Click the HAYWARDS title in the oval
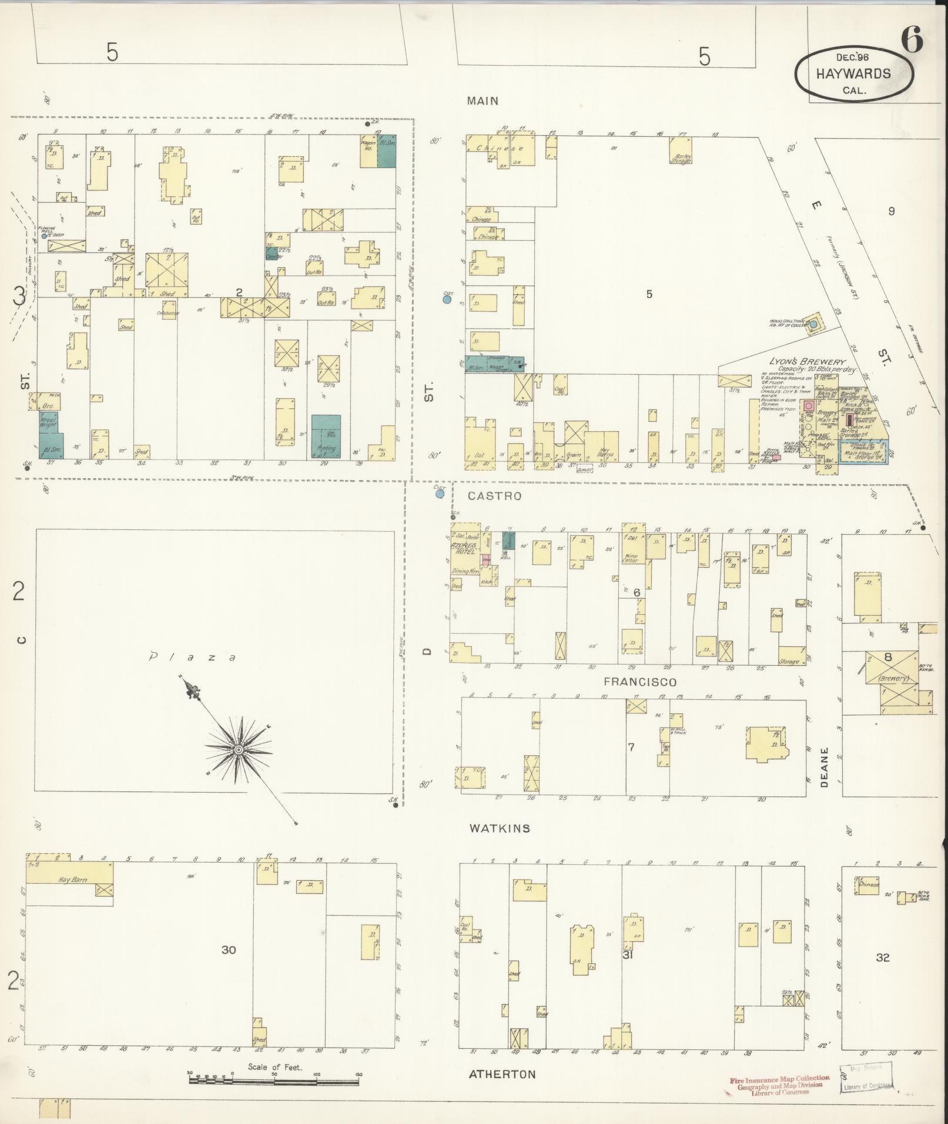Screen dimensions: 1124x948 pyautogui.click(x=853, y=74)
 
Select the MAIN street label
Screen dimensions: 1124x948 pyautogui.click(x=483, y=101)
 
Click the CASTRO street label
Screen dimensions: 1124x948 pyautogui.click(x=494, y=496)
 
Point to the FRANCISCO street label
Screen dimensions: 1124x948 pyautogui.click(x=640, y=682)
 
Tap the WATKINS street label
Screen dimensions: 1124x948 pyautogui.click(x=500, y=828)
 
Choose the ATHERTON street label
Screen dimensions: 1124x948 pyautogui.click(x=502, y=1074)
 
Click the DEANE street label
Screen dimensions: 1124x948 pyautogui.click(x=824, y=767)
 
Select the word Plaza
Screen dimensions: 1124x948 pyautogui.click(x=193, y=657)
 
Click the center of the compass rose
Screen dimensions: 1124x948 pyautogui.click(x=239, y=750)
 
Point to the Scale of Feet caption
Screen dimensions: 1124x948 pyautogui.click(x=274, y=1067)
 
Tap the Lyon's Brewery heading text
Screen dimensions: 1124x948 pyautogui.click(x=806, y=363)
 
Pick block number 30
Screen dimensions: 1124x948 pyautogui.click(x=229, y=949)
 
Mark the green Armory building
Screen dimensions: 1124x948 pyautogui.click(x=326, y=437)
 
